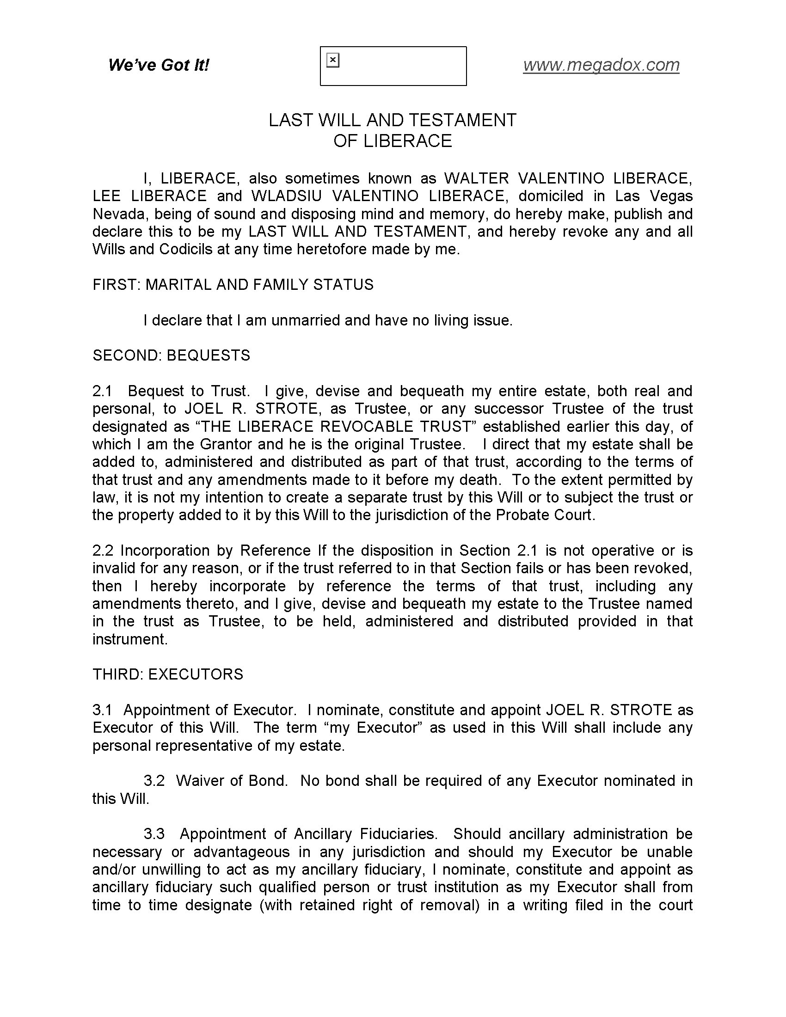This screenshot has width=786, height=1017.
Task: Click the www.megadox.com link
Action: point(601,65)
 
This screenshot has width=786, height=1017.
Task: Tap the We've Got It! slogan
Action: point(159,65)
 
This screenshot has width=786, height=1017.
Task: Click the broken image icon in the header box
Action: point(333,60)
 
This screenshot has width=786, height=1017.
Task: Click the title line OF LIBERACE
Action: point(393,141)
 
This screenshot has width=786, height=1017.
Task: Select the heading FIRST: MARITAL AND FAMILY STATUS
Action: point(233,284)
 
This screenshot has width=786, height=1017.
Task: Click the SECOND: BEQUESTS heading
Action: point(172,355)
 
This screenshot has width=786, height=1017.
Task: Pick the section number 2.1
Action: point(103,391)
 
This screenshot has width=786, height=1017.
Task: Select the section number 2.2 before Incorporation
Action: point(103,551)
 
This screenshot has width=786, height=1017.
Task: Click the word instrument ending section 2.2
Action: point(129,639)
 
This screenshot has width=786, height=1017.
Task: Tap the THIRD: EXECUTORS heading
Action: point(168,674)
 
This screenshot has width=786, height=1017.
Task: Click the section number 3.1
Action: point(103,710)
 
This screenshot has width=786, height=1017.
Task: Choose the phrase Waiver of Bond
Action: point(231,781)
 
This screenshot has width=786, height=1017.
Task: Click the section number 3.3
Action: point(154,834)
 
